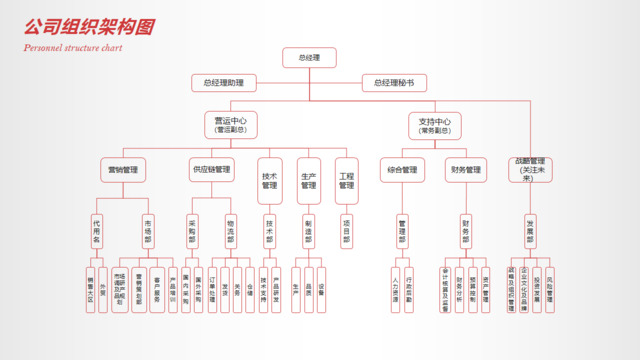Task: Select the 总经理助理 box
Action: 223,83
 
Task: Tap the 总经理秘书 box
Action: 394,83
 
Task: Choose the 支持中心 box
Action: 435,125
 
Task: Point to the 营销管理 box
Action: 123,170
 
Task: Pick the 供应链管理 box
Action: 211,170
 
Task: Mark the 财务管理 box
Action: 466,170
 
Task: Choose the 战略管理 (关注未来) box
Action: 530,170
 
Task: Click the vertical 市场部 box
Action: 148,231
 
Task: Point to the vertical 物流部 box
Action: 230,231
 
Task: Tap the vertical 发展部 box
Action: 530,231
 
